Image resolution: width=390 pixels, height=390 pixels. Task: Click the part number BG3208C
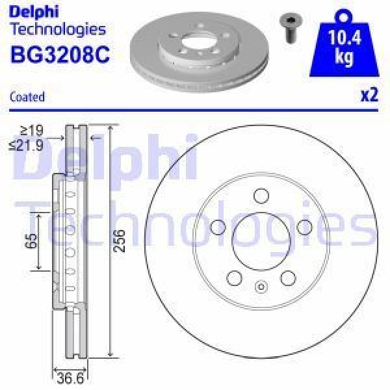tap(60, 55)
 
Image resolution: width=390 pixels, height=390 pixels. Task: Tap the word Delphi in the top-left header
tap(34, 11)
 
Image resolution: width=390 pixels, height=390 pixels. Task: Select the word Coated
tap(27, 97)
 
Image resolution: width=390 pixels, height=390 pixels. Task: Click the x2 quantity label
tap(369, 96)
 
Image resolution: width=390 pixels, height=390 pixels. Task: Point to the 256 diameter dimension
tap(119, 240)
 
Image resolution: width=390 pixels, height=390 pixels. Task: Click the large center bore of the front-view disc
tap(261, 240)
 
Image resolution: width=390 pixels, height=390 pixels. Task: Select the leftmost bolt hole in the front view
tap(219, 227)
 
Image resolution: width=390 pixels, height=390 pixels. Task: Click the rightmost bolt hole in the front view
tap(303, 227)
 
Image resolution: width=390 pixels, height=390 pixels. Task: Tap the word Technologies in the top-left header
tap(58, 29)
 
